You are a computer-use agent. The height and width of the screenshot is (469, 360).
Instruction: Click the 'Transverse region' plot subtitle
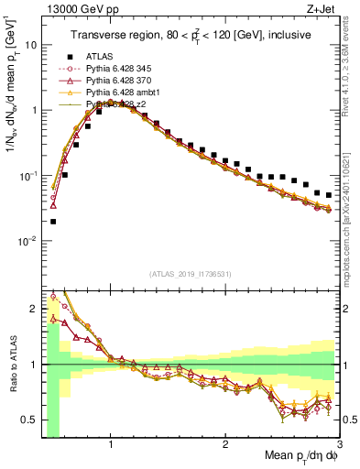click(190, 35)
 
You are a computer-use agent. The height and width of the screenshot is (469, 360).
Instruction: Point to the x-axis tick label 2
click(225, 444)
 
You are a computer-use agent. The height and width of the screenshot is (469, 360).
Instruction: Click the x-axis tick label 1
click(111, 444)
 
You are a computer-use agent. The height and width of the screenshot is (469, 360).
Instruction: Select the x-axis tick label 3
click(339, 444)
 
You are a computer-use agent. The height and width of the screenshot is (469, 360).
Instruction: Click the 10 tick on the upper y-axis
click(31, 44)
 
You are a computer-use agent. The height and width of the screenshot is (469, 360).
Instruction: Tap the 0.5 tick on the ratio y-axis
click(29, 420)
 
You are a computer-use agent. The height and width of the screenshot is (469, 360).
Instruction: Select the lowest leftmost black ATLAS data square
click(53, 221)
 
